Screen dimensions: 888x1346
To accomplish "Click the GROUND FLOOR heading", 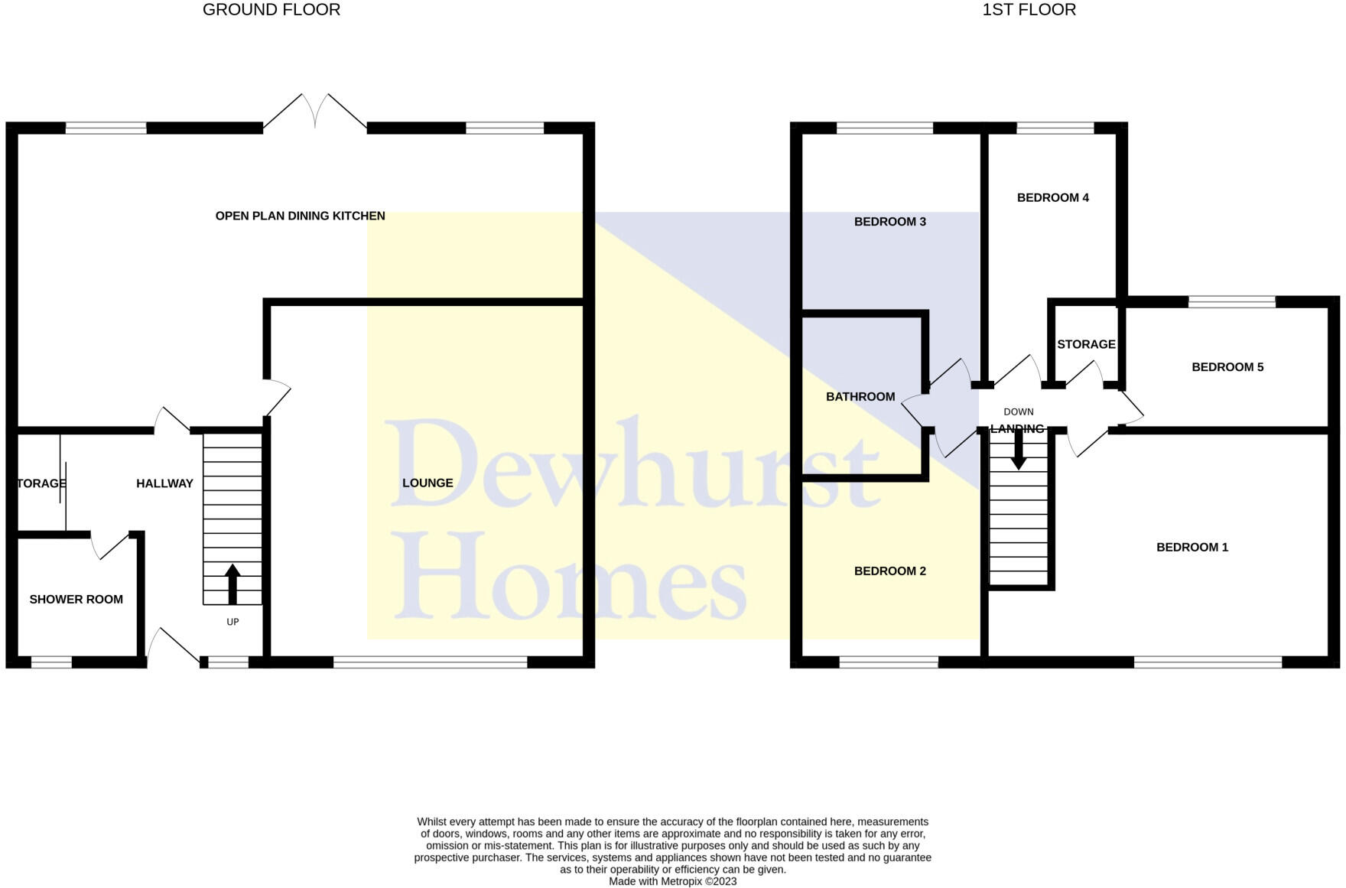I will tap(271, 10).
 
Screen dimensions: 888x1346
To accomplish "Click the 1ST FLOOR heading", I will tap(1029, 10).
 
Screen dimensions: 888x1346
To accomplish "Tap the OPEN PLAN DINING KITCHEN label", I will tap(300, 216).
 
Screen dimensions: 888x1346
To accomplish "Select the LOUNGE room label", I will tap(428, 483).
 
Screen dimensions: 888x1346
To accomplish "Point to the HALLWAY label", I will tap(164, 483).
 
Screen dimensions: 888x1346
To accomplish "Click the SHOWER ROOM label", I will tap(76, 599).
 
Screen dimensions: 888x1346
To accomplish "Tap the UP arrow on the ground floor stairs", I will tap(232, 584).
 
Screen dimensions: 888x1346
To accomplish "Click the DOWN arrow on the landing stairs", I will tap(1018, 451).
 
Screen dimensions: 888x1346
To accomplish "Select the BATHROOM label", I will tap(860, 396).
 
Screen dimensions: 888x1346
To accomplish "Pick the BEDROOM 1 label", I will tap(1192, 547).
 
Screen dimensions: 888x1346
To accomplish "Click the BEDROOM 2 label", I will tap(889, 571).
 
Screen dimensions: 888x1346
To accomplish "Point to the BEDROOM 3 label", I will tap(889, 222).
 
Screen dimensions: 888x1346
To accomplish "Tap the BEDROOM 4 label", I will tap(1052, 197).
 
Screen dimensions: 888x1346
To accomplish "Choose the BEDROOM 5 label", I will tap(1227, 367).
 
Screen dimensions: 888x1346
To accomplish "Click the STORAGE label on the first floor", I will tap(1086, 344).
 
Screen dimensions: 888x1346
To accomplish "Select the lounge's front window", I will tap(430, 662).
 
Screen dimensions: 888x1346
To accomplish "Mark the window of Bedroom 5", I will tap(1231, 302).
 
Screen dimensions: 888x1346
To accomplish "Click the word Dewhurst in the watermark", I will tap(635, 465).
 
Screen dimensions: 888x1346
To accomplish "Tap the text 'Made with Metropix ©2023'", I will tap(672, 881).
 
